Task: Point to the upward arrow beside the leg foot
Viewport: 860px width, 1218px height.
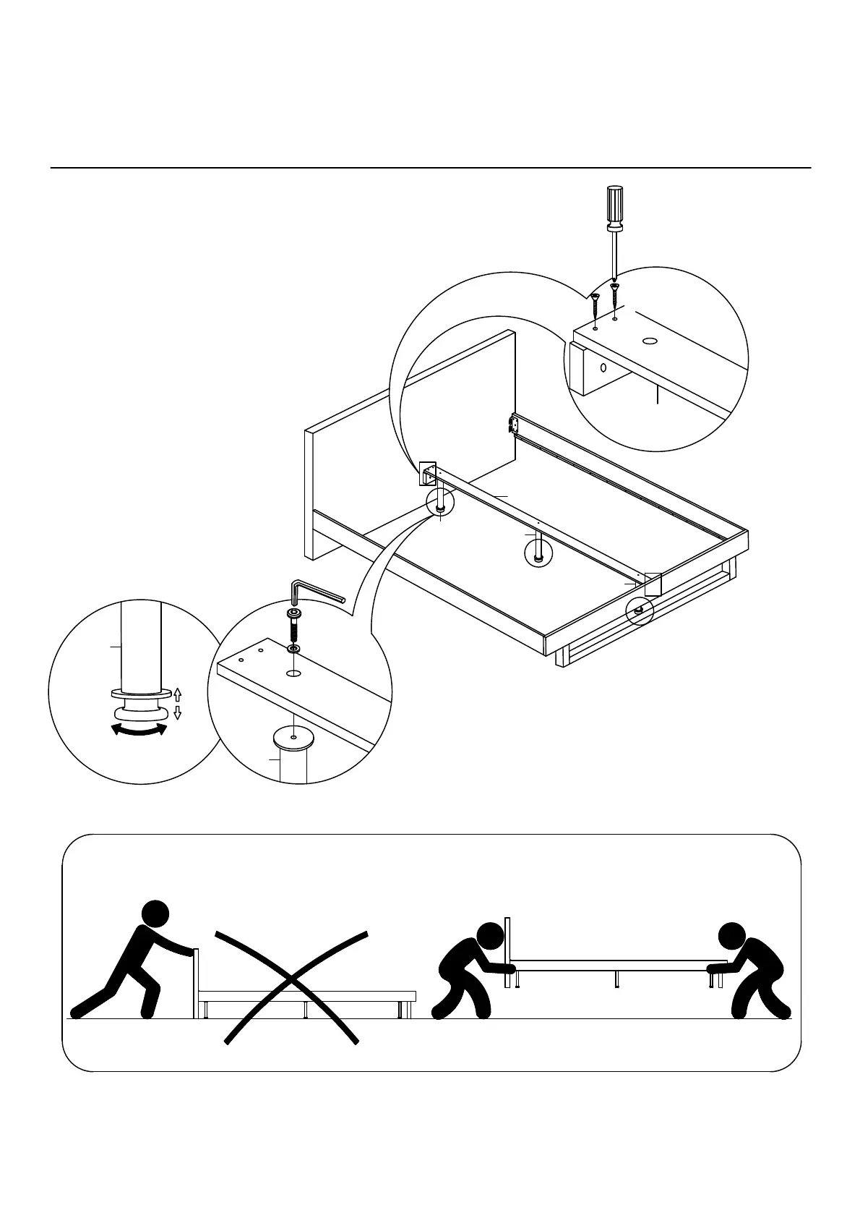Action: point(178,694)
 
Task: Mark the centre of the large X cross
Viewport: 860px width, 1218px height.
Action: point(292,984)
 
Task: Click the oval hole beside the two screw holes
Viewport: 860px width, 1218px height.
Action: point(650,340)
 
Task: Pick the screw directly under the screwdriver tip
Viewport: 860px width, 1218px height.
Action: point(614,297)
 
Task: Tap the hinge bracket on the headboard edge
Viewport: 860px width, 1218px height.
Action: point(513,425)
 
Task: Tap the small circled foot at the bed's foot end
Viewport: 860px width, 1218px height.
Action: point(639,610)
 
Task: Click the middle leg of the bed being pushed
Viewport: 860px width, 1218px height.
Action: point(306,1009)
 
